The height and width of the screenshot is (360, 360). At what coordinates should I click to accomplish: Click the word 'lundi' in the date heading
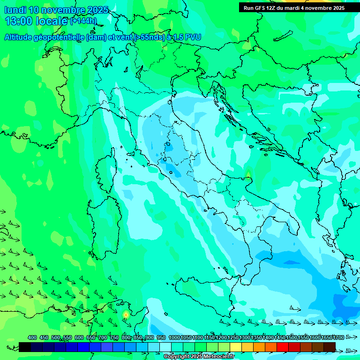click(15, 10)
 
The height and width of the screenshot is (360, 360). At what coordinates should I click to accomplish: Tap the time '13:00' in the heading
click(19, 21)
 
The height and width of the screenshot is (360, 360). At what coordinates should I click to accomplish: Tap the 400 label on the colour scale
click(32, 338)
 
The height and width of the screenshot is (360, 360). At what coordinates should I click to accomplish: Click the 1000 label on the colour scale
click(174, 338)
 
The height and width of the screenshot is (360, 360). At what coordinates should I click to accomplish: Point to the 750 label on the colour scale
click(114, 338)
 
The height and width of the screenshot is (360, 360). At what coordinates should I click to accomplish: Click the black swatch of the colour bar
click(25, 347)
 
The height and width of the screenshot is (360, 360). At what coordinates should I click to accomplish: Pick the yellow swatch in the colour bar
click(236, 347)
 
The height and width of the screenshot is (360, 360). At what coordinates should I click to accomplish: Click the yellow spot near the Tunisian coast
click(126, 315)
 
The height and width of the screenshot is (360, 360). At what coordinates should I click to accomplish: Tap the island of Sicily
click(206, 291)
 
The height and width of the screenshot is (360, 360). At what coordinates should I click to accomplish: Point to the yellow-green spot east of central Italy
click(248, 174)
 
